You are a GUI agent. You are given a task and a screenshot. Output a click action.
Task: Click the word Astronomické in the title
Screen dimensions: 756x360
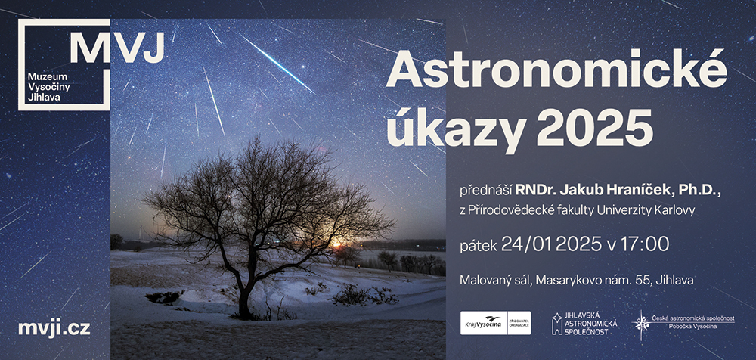[556, 69]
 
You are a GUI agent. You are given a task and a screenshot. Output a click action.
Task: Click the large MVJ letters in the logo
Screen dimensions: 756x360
[117, 47]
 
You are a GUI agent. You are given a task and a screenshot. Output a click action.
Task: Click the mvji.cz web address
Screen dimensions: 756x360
[54, 329]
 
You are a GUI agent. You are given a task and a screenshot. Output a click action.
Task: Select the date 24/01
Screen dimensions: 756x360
[527, 244]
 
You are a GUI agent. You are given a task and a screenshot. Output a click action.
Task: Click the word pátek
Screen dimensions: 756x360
[479, 245]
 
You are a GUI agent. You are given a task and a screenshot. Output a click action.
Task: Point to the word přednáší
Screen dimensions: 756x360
[485, 191]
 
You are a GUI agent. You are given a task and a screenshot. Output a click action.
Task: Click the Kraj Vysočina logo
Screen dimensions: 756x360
[496, 323]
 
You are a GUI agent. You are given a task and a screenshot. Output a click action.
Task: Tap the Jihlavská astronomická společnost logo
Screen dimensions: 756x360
[584, 324]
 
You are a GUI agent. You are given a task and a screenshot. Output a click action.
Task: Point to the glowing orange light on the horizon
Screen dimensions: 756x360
[336, 243]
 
